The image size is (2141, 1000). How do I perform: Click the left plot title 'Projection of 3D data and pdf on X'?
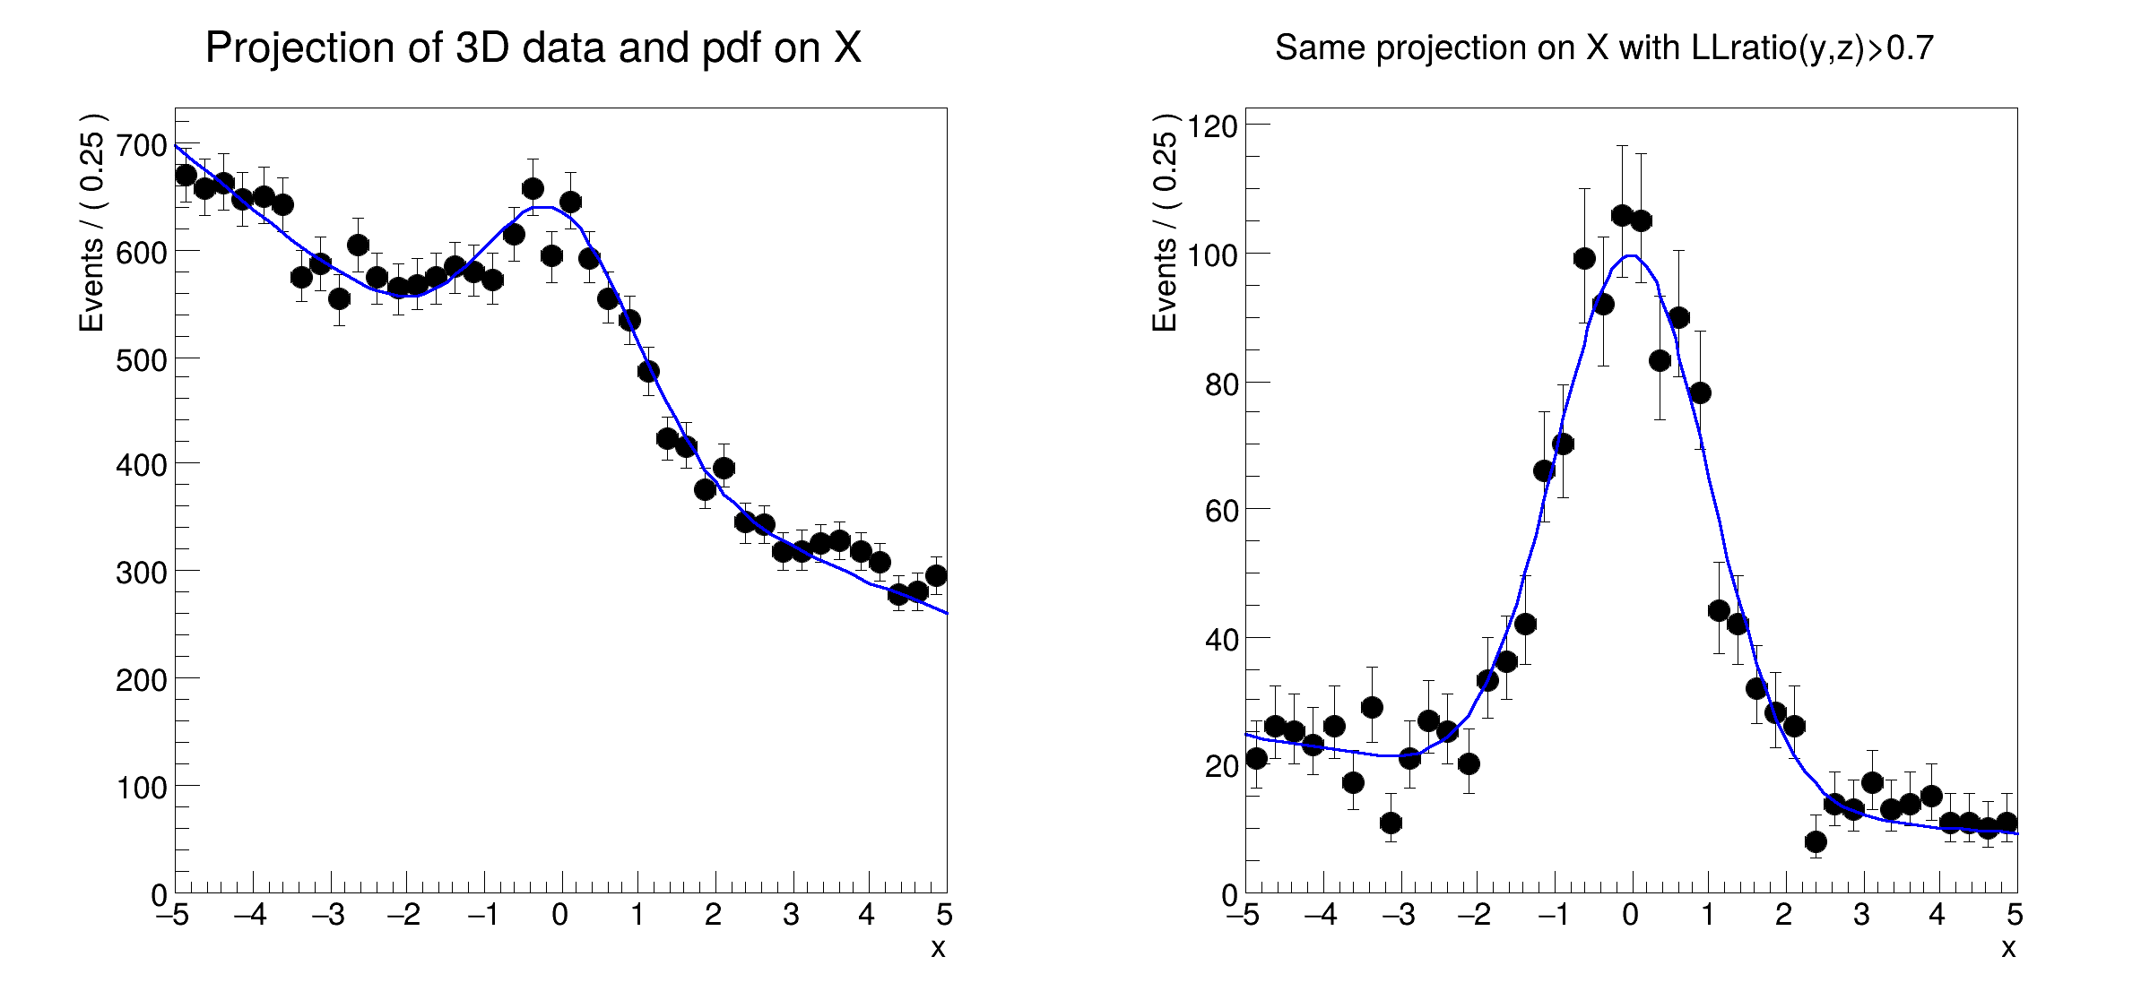(533, 47)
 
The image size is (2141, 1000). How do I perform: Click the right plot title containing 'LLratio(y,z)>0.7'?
(1604, 47)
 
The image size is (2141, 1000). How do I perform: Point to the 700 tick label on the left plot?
(142, 145)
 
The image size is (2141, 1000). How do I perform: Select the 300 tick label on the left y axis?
(142, 573)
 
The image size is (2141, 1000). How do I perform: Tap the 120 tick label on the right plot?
(1212, 126)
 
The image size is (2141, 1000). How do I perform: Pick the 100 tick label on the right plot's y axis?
(1212, 254)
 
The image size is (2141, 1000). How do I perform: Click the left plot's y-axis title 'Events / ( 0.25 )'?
(92, 223)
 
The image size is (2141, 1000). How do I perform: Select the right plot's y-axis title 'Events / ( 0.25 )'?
(1165, 223)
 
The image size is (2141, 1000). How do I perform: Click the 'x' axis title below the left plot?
(938, 948)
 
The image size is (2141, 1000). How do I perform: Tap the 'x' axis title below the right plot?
(2008, 948)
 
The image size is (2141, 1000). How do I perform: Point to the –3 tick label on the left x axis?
(329, 915)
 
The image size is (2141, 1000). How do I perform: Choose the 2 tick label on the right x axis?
(1784, 915)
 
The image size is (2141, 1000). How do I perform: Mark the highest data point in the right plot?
(1622, 215)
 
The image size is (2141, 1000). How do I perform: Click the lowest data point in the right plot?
(1816, 841)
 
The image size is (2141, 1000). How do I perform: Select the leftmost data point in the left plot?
(186, 175)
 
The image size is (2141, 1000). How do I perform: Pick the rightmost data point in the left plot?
(936, 575)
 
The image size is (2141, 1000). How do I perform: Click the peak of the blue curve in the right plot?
(1632, 256)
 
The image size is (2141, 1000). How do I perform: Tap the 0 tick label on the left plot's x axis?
(560, 915)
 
